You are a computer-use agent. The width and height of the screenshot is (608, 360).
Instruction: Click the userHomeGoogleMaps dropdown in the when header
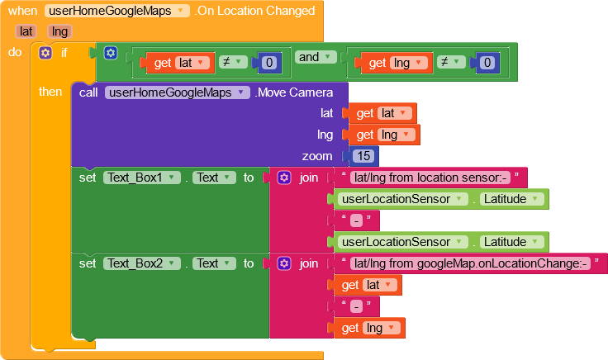point(117,11)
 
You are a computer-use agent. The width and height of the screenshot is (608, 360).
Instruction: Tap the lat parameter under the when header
point(26,31)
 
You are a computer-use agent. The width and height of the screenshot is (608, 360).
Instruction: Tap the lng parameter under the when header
point(59,31)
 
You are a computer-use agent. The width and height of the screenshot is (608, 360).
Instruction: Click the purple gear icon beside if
point(45,53)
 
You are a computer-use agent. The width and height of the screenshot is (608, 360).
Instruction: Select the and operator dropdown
point(316,57)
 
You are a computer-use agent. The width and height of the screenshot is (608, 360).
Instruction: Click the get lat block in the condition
point(178,63)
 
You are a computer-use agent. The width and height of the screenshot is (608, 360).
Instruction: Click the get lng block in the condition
point(394,63)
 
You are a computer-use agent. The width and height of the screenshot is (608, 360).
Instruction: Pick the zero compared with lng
point(487,63)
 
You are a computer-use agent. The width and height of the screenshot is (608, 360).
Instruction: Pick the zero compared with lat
point(269,63)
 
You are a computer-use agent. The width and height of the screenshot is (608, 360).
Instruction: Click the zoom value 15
point(363,156)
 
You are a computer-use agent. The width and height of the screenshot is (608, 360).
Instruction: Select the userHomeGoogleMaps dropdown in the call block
point(178,92)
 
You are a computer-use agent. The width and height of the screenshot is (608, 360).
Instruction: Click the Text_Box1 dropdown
point(141,178)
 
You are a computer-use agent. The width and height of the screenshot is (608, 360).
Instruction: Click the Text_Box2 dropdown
point(141,263)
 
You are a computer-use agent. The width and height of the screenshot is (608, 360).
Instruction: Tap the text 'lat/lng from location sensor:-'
point(430,178)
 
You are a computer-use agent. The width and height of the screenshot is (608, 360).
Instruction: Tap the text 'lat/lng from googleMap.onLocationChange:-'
point(470,263)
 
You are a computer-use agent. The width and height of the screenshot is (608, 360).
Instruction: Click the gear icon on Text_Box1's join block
point(284,178)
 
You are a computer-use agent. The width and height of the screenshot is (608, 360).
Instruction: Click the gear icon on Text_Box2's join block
point(284,263)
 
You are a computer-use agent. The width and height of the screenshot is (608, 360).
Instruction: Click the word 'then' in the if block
point(50,92)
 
